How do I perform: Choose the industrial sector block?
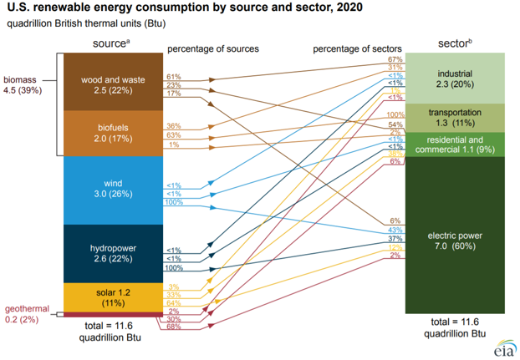point(454,79)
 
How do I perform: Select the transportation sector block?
point(454,117)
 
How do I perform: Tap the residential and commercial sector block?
point(454,144)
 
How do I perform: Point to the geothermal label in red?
point(24,312)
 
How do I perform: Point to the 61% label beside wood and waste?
point(174,76)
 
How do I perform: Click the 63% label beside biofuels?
point(174,134)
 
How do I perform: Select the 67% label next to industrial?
point(395,60)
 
